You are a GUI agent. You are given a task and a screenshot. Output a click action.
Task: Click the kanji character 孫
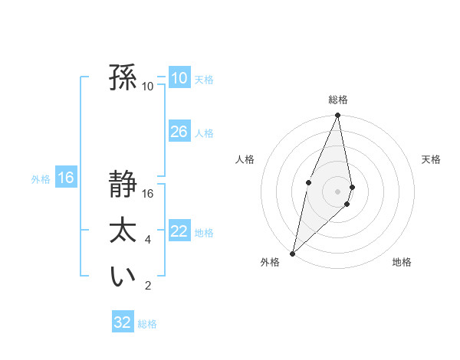point(123,77)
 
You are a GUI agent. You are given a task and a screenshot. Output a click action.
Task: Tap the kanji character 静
point(123,185)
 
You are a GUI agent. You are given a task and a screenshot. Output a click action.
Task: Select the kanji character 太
point(123,231)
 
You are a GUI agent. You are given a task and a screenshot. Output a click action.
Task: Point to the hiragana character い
point(123,277)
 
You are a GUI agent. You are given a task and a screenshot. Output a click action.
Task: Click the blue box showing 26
point(179,132)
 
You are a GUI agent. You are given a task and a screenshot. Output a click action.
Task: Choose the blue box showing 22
point(179,231)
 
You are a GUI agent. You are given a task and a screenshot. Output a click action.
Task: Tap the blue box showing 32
point(123,322)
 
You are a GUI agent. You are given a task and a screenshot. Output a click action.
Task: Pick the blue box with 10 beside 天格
point(179,78)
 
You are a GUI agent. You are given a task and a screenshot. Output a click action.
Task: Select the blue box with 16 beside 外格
point(66,178)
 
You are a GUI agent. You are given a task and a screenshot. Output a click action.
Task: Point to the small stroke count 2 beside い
point(147,286)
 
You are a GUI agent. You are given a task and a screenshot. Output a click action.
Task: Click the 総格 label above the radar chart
point(338,100)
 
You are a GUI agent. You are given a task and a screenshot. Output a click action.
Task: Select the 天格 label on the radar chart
point(432,159)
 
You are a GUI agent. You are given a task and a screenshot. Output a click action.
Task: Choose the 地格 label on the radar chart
point(402,262)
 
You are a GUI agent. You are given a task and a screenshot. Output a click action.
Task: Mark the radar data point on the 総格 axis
point(338,116)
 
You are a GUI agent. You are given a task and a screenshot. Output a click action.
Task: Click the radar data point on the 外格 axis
point(292,253)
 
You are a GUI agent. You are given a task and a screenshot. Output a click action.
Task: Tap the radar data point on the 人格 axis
point(308,182)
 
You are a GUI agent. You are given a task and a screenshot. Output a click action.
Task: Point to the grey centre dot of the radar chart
point(338,191)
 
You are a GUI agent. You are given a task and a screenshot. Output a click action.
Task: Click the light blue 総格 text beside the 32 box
point(147,324)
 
